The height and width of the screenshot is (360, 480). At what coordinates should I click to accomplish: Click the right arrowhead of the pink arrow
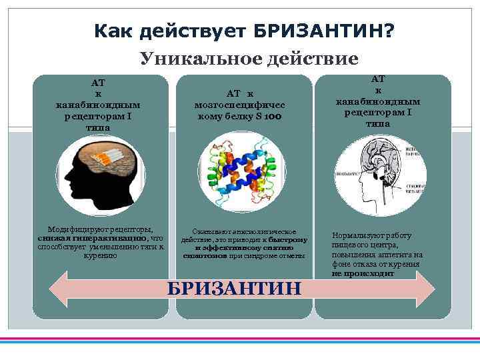pyautogui.click(x=425, y=289)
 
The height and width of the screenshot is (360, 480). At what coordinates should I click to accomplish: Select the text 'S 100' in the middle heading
pyautogui.click(x=271, y=116)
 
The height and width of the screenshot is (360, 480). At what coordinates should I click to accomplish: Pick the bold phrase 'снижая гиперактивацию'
pyautogui.click(x=93, y=238)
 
